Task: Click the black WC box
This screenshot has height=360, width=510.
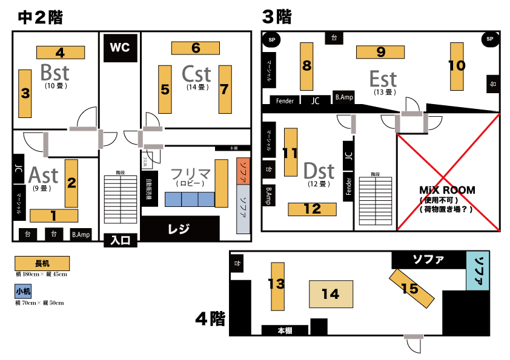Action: pyautogui.click(x=121, y=48)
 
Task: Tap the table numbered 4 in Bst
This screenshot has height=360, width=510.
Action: pyautogui.click(x=60, y=52)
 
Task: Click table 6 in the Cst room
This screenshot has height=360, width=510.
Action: pyautogui.click(x=195, y=48)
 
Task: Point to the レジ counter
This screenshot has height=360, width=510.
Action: pyautogui.click(x=180, y=229)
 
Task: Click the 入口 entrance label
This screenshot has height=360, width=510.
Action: pyautogui.click(x=121, y=240)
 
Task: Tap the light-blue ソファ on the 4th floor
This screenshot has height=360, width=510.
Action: pyautogui.click(x=479, y=272)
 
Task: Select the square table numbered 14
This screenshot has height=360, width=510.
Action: pyautogui.click(x=330, y=294)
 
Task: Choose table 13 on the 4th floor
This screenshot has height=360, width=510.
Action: pyautogui.click(x=277, y=286)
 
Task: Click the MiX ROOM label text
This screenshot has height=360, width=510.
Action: pyautogui.click(x=447, y=190)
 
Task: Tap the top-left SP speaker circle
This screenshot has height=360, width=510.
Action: pyautogui.click(x=270, y=40)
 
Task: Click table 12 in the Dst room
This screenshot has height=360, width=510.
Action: pyautogui.click(x=312, y=209)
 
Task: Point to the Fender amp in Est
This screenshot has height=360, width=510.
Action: pyautogui.click(x=285, y=101)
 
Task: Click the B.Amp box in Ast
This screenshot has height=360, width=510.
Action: pyautogui.click(x=81, y=234)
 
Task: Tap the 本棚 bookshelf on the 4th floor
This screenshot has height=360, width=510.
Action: pyautogui.click(x=285, y=330)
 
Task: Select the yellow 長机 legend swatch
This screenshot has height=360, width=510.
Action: pyautogui.click(x=42, y=263)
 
